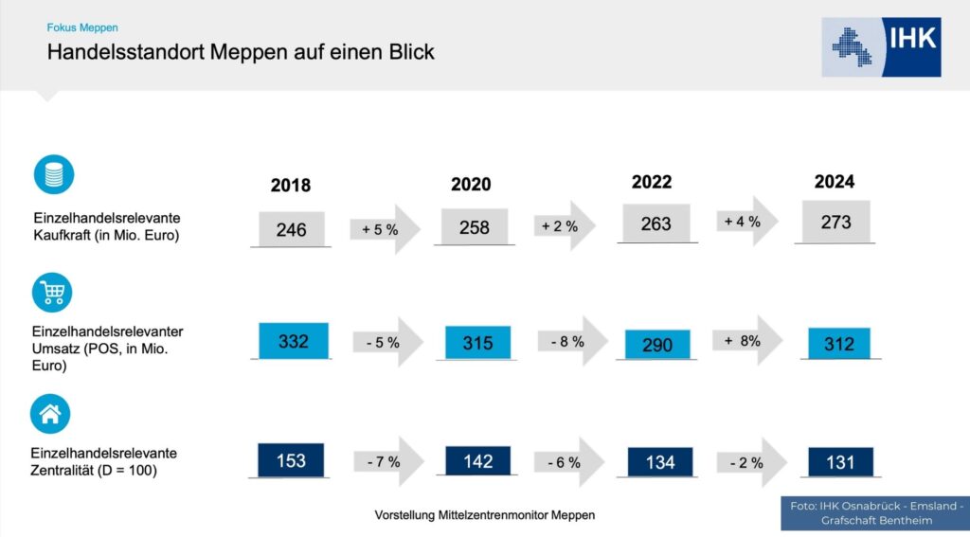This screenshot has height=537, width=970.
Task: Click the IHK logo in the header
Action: [881, 47]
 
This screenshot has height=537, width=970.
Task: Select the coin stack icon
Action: [54, 174]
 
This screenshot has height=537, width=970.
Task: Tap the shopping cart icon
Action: [52, 293]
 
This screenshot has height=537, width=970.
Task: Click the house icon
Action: [50, 414]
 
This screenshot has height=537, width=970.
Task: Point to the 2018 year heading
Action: [291, 186]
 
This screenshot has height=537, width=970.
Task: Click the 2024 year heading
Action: [835, 182]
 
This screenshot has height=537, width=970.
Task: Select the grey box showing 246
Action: [292, 229]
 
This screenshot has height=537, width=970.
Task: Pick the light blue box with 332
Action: [294, 340]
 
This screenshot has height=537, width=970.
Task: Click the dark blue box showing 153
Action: [291, 460]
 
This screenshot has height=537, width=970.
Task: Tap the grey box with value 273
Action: [835, 222]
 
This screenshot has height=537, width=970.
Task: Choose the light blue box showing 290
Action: [657, 345]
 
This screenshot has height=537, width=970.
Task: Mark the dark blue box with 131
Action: [841, 462]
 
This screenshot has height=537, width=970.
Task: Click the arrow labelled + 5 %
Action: [385, 229]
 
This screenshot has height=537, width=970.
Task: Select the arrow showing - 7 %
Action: [388, 461]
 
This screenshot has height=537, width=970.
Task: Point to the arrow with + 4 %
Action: [747, 221]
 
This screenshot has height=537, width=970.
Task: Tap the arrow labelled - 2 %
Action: [751, 462]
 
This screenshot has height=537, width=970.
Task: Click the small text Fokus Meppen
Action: [82, 27]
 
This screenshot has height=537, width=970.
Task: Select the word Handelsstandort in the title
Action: [126, 52]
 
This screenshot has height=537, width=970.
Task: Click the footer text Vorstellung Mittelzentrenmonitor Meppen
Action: [485, 514]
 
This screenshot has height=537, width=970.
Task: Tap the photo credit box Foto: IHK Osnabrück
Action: [875, 513]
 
